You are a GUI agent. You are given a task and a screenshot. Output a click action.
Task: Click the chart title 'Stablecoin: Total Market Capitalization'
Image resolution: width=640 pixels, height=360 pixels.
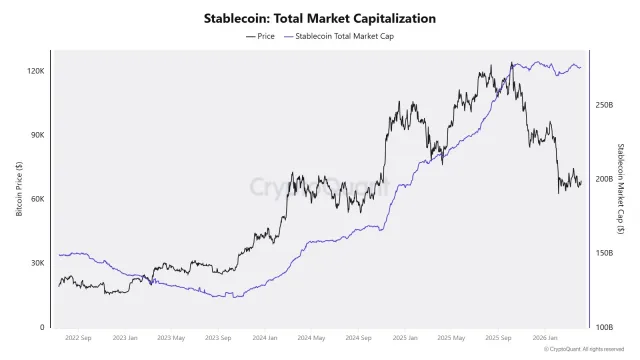(x=320, y=18)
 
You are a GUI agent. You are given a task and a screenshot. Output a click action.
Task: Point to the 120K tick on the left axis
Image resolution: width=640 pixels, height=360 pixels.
(x=36, y=71)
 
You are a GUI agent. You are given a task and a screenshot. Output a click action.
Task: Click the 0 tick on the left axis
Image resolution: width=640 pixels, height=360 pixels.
(x=43, y=327)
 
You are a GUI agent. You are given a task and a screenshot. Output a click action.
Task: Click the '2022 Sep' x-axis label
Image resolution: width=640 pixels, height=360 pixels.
(x=79, y=339)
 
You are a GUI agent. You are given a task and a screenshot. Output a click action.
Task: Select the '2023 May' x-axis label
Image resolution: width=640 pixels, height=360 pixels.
(x=174, y=339)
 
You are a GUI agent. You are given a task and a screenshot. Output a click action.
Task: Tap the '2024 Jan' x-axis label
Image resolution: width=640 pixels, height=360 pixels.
(x=268, y=339)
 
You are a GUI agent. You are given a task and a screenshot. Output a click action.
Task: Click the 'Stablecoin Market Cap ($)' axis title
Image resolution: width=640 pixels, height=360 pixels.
(x=621, y=189)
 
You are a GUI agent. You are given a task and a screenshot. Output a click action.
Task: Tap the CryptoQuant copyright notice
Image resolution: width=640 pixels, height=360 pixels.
(x=589, y=350)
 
